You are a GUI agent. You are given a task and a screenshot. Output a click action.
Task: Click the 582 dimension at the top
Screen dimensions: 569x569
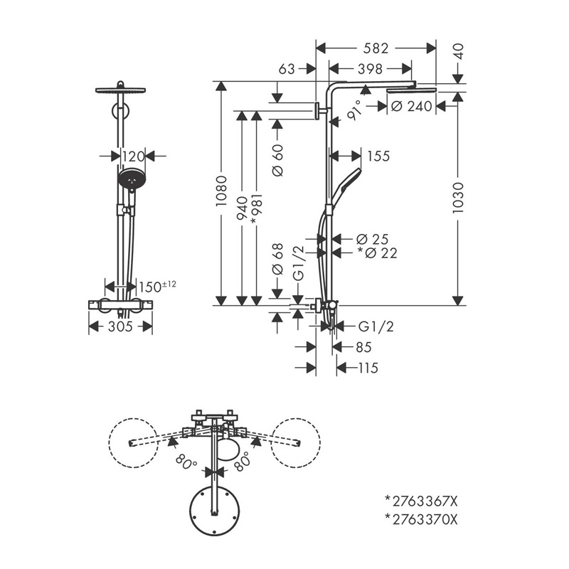point(376,48)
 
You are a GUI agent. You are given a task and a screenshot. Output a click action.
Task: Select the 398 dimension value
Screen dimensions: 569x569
point(370,69)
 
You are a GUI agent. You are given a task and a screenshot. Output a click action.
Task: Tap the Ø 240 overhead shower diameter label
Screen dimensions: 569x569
point(412,106)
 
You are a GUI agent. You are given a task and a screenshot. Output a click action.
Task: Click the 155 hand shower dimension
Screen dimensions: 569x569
point(378,156)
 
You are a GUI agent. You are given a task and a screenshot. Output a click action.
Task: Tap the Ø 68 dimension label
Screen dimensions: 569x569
point(278,260)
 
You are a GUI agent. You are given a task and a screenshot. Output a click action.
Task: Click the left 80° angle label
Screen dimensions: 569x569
point(186,463)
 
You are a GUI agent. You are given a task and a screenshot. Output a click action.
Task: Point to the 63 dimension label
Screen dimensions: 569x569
point(287,69)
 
